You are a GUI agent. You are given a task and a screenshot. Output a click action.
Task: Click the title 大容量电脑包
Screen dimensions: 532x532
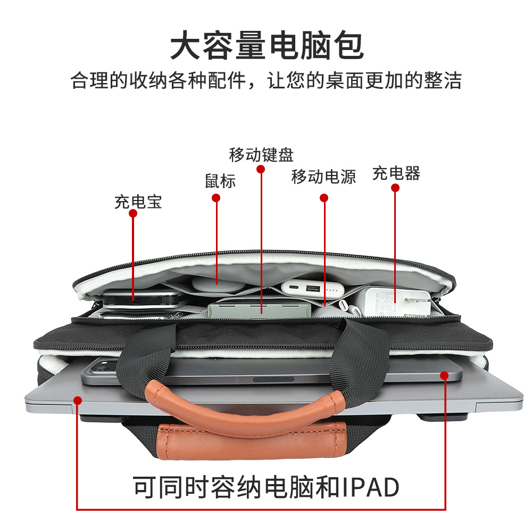pyautogui.click(x=267, y=46)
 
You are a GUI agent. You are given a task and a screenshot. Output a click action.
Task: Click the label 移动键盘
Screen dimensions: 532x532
pyautogui.click(x=261, y=155)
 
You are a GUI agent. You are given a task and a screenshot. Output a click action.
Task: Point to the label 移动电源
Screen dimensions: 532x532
pyautogui.click(x=323, y=177)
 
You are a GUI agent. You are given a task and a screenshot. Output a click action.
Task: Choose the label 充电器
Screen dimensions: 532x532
pyautogui.click(x=396, y=173)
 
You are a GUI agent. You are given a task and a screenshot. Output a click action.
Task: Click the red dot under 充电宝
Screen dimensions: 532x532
pyautogui.click(x=133, y=213)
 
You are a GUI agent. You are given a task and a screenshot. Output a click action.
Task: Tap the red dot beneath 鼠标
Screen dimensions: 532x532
pyautogui.click(x=216, y=198)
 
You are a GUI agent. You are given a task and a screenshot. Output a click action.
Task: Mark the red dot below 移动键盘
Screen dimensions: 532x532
pyautogui.click(x=260, y=169)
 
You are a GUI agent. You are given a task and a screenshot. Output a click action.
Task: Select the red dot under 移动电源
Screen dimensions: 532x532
pyautogui.click(x=324, y=198)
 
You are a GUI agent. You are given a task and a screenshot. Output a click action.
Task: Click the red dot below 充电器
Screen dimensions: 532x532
pyautogui.click(x=395, y=188)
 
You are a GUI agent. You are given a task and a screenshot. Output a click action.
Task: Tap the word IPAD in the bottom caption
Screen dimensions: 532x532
pyautogui.click(x=367, y=487)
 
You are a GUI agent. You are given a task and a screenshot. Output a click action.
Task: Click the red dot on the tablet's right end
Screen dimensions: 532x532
pyautogui.click(x=444, y=376)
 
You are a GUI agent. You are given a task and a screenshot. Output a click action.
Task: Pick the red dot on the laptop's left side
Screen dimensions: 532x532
pyautogui.click(x=78, y=401)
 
